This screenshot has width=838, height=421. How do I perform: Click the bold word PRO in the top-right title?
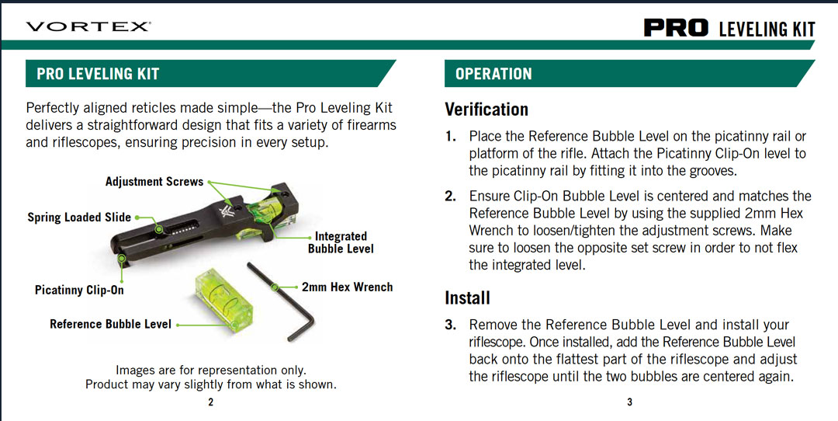677,28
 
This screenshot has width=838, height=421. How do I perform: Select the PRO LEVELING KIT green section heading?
98,74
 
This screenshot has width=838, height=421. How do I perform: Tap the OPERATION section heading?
493,74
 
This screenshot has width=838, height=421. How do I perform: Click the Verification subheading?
487,110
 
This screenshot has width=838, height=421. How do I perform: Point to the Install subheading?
467,297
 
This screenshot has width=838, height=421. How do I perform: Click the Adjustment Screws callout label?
154,181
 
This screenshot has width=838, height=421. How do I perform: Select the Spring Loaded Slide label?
79,217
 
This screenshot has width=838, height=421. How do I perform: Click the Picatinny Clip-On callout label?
80,290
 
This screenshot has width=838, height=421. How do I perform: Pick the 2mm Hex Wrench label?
347,287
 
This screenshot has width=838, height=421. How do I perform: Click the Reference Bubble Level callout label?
111,324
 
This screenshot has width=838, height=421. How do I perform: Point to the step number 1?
451,137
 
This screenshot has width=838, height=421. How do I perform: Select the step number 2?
451,196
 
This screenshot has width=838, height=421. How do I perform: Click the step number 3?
451,325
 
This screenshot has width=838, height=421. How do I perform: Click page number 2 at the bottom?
210,403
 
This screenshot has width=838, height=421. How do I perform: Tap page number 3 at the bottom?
629,403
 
